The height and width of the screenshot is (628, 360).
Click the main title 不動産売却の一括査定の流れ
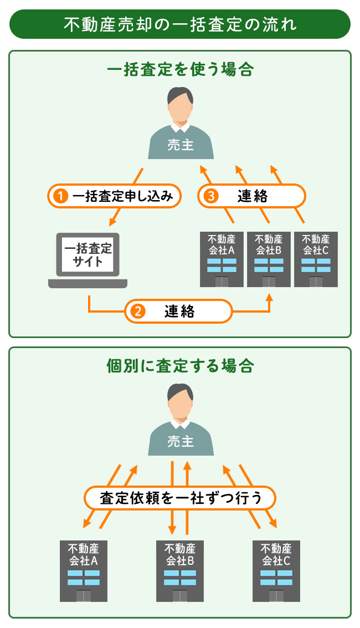(180, 25)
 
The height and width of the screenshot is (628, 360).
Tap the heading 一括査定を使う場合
(180, 70)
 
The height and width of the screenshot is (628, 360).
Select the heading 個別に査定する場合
(180, 366)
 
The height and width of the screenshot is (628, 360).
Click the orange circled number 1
(60, 196)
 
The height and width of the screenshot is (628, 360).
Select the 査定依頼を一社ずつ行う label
(180, 497)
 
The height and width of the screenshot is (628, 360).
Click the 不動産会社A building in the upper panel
(222, 259)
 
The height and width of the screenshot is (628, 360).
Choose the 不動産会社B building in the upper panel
(269, 259)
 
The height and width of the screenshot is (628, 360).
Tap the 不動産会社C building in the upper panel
(316, 259)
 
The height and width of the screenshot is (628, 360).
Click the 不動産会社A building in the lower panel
(83, 571)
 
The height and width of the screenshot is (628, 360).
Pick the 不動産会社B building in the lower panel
(180, 571)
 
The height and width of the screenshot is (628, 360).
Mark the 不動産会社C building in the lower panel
(276, 571)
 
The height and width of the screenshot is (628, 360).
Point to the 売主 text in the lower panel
(180, 442)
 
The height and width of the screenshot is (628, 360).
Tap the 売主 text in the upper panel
(180, 145)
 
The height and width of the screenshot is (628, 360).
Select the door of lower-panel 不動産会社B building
(180, 596)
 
